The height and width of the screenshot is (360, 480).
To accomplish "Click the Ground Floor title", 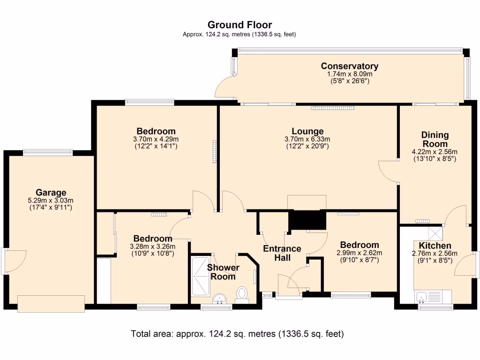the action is pyautogui.click(x=240, y=25).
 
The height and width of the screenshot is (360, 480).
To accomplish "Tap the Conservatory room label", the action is pyautogui.click(x=350, y=66).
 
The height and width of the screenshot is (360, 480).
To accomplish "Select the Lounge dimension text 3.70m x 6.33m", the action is pyautogui.click(x=307, y=139).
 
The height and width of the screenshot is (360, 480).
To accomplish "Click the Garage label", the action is pyautogui.click(x=51, y=193).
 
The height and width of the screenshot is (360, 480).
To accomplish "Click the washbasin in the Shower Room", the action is pyautogui.click(x=219, y=299).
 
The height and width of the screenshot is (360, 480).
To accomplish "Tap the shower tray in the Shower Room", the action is pyautogui.click(x=201, y=277).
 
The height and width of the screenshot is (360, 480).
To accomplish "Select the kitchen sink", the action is pyautogui.click(x=422, y=297).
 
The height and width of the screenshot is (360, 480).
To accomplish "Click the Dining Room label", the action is pyautogui.click(x=435, y=139).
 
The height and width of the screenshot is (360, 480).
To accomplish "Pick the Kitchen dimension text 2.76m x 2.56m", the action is pyautogui.click(x=435, y=254).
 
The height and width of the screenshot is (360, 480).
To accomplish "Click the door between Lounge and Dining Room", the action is pyautogui.click(x=389, y=172).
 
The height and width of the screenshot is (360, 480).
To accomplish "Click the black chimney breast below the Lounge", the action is pyautogui.click(x=307, y=220).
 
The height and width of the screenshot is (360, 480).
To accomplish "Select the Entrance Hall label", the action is pyautogui.click(x=282, y=253).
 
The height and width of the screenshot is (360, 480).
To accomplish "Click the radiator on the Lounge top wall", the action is pyautogui.click(x=333, y=108).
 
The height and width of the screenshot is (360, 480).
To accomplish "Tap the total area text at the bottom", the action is pyautogui.click(x=237, y=334).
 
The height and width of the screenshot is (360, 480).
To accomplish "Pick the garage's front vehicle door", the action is pyautogui.click(x=51, y=304).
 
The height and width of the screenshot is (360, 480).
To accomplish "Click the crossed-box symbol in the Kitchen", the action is pyautogui.click(x=435, y=233).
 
